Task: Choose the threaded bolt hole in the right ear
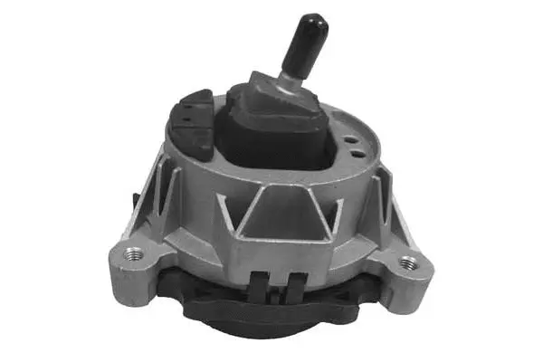pyautogui.click(x=409, y=263)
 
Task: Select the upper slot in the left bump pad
pyautogui.click(x=185, y=106)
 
